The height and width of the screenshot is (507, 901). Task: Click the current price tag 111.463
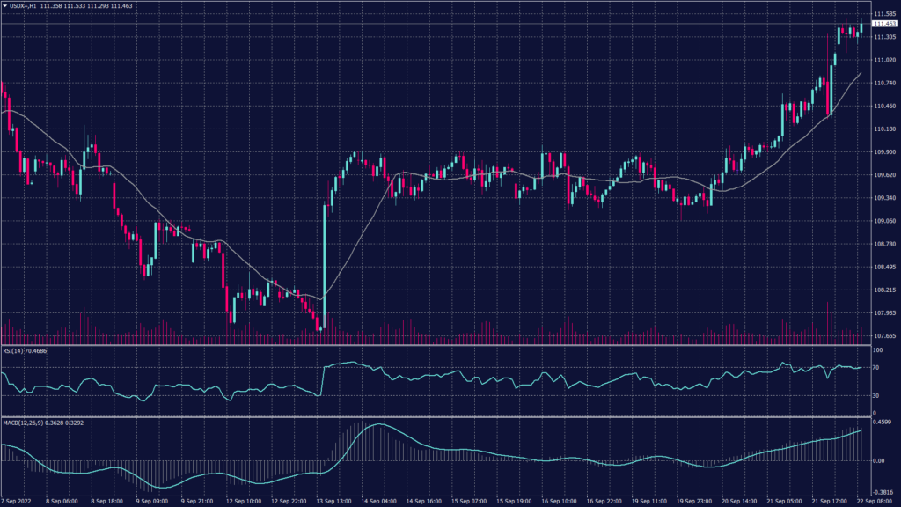884,25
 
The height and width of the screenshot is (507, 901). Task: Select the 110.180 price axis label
884,129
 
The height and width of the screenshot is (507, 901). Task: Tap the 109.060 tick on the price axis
884,221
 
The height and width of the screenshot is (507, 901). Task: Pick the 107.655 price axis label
884,335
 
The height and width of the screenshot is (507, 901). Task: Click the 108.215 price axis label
884,290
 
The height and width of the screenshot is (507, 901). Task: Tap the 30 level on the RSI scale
875,396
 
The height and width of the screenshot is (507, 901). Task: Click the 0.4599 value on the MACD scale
883,422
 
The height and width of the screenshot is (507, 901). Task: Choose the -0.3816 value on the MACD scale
883,493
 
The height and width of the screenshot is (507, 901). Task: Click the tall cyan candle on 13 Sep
325,264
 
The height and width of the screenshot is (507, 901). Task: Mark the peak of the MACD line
377,424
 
